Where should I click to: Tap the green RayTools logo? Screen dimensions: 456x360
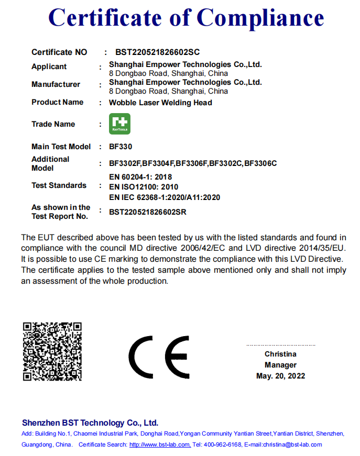pos(119,124)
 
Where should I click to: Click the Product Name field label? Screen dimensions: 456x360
pos(57,102)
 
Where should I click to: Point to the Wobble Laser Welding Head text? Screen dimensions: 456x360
pos(160,103)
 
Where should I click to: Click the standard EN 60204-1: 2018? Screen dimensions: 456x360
pos(140,177)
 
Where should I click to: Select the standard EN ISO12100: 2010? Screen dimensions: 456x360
pos(144,187)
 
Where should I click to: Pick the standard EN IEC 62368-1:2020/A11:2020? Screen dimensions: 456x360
pos(165,197)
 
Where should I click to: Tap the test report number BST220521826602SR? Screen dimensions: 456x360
pos(148,212)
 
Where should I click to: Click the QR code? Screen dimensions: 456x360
pos(52,351)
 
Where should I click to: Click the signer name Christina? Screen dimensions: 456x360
pos(280,354)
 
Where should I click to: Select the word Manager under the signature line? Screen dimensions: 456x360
pos(280,365)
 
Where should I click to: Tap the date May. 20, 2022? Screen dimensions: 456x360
pos(280,376)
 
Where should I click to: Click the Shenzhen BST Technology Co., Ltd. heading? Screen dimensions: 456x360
pos(90,422)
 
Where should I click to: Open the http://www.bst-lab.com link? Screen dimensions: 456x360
pos(159,444)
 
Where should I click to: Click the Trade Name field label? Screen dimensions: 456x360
pos(53,124)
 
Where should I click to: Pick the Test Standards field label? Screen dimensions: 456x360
pos(59,185)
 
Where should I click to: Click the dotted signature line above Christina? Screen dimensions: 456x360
pos(281,346)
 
